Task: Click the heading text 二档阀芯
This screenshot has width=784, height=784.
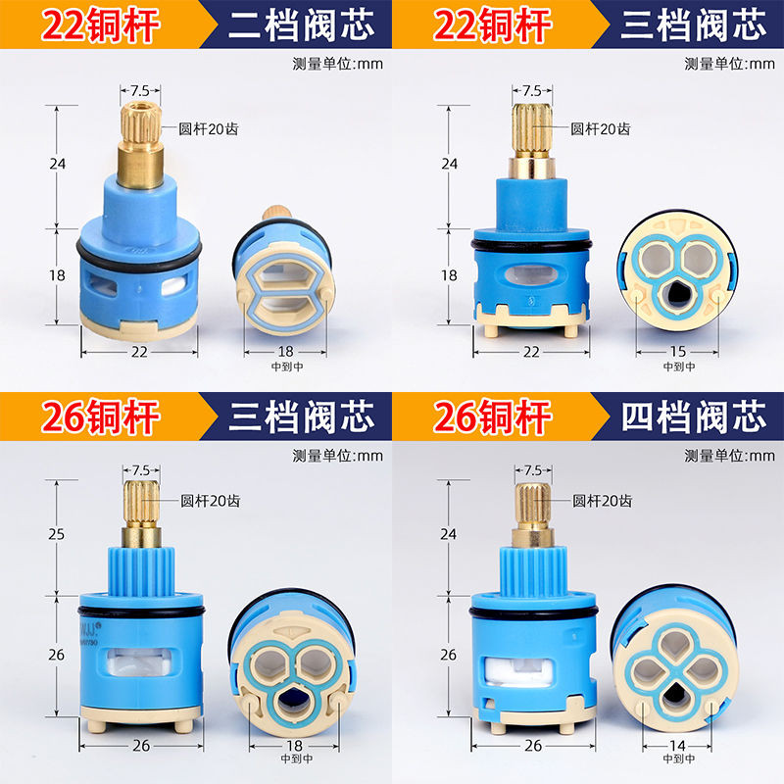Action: [x=301, y=25]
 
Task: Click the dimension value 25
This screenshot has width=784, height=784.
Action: [x=57, y=535]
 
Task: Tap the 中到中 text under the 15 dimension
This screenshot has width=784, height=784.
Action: [x=677, y=367]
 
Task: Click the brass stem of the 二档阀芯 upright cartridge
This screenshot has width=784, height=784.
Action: [x=135, y=147]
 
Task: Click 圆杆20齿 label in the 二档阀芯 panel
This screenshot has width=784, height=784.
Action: [x=207, y=128]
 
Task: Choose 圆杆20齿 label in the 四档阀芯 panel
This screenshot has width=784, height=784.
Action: [x=599, y=501]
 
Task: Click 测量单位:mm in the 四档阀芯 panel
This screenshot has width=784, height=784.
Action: [x=729, y=456]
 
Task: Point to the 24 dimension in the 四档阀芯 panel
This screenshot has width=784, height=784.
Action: [x=449, y=535]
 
